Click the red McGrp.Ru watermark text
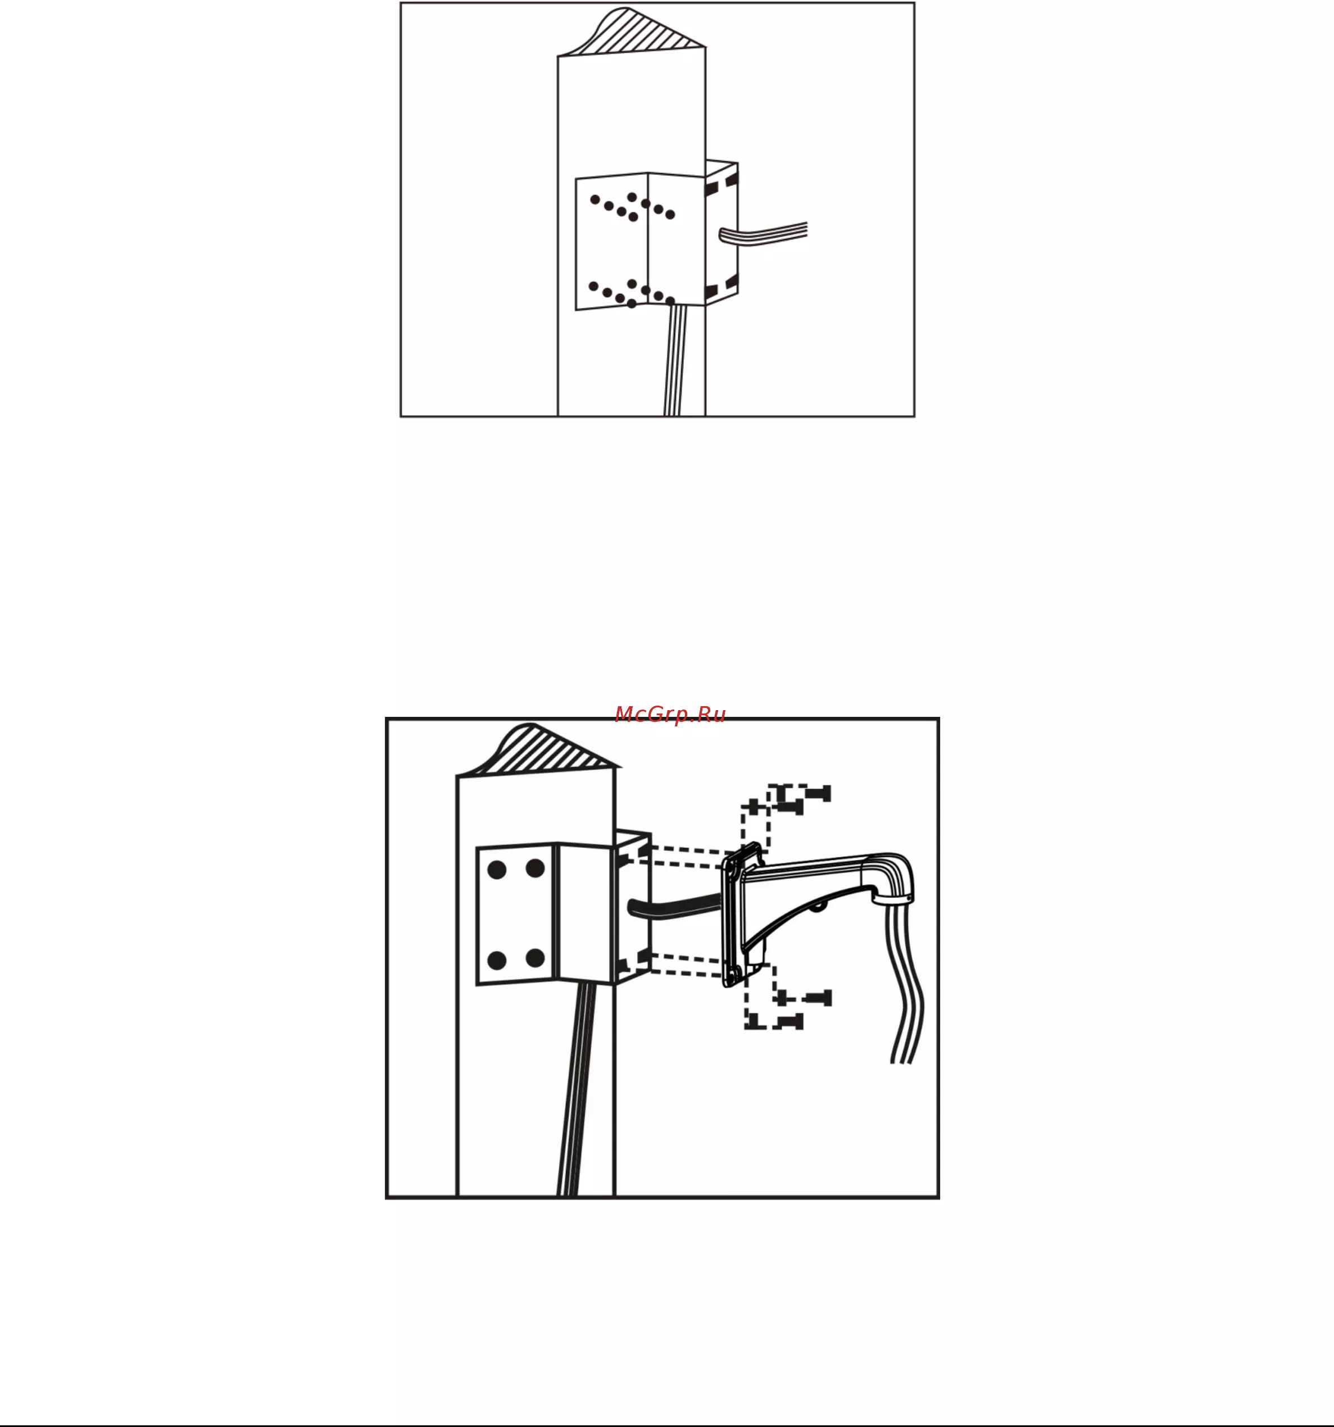click(x=670, y=714)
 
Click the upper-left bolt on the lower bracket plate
click(x=497, y=870)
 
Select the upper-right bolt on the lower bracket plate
click(x=535, y=869)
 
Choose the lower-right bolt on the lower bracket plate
click(x=535, y=957)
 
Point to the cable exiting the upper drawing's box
click(x=763, y=233)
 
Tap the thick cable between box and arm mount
click(x=675, y=906)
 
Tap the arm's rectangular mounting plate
click(x=734, y=916)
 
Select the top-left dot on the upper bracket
click(x=595, y=199)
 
